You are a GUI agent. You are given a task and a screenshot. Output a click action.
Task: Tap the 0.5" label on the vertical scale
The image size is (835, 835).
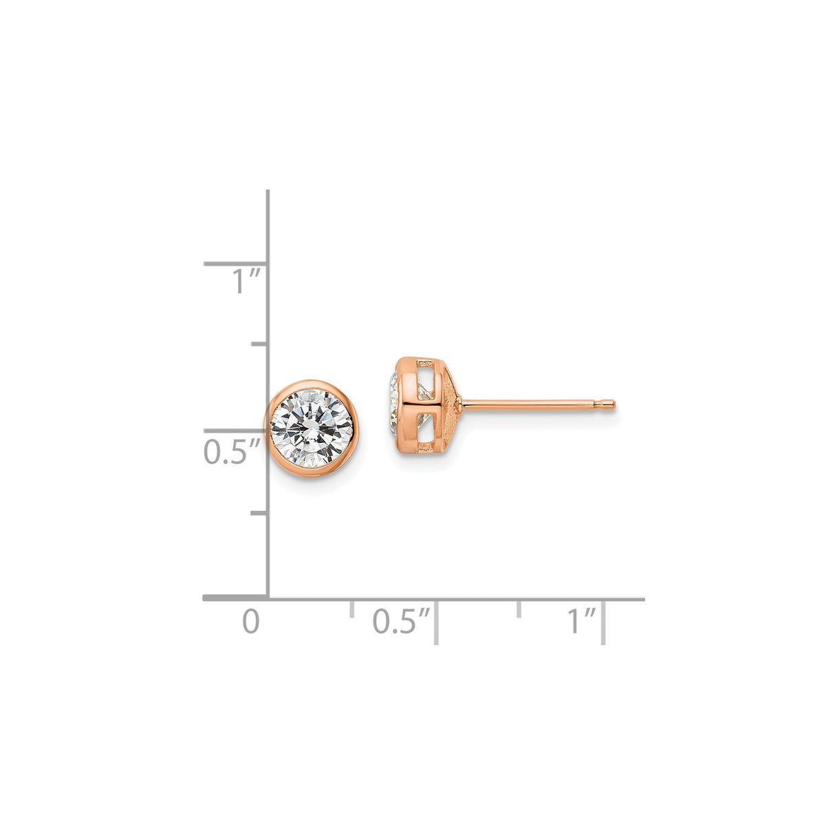click(232, 452)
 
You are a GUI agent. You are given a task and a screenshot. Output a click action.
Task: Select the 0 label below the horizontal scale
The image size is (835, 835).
click(251, 621)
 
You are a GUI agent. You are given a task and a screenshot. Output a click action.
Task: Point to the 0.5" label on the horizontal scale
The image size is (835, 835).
click(401, 621)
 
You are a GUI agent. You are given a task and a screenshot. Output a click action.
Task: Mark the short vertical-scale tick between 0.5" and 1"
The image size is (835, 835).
click(259, 343)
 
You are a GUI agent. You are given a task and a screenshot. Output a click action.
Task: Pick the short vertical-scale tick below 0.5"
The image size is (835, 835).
click(259, 513)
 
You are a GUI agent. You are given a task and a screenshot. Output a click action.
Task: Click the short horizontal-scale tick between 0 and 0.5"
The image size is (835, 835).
click(351, 608)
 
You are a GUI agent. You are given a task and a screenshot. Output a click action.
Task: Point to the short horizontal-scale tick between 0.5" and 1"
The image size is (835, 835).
click(519, 608)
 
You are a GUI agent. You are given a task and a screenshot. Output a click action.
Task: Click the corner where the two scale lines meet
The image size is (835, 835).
click(268, 599)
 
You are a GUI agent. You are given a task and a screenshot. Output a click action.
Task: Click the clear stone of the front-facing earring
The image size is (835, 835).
click(312, 428)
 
